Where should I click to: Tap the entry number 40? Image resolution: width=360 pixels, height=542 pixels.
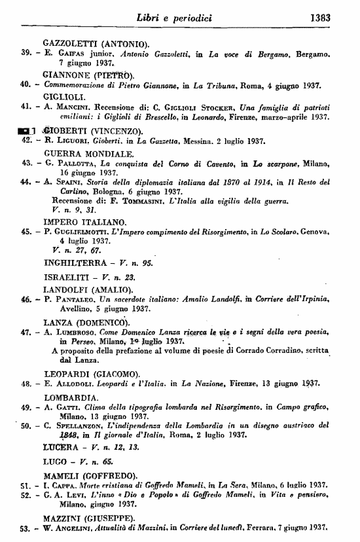27,84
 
